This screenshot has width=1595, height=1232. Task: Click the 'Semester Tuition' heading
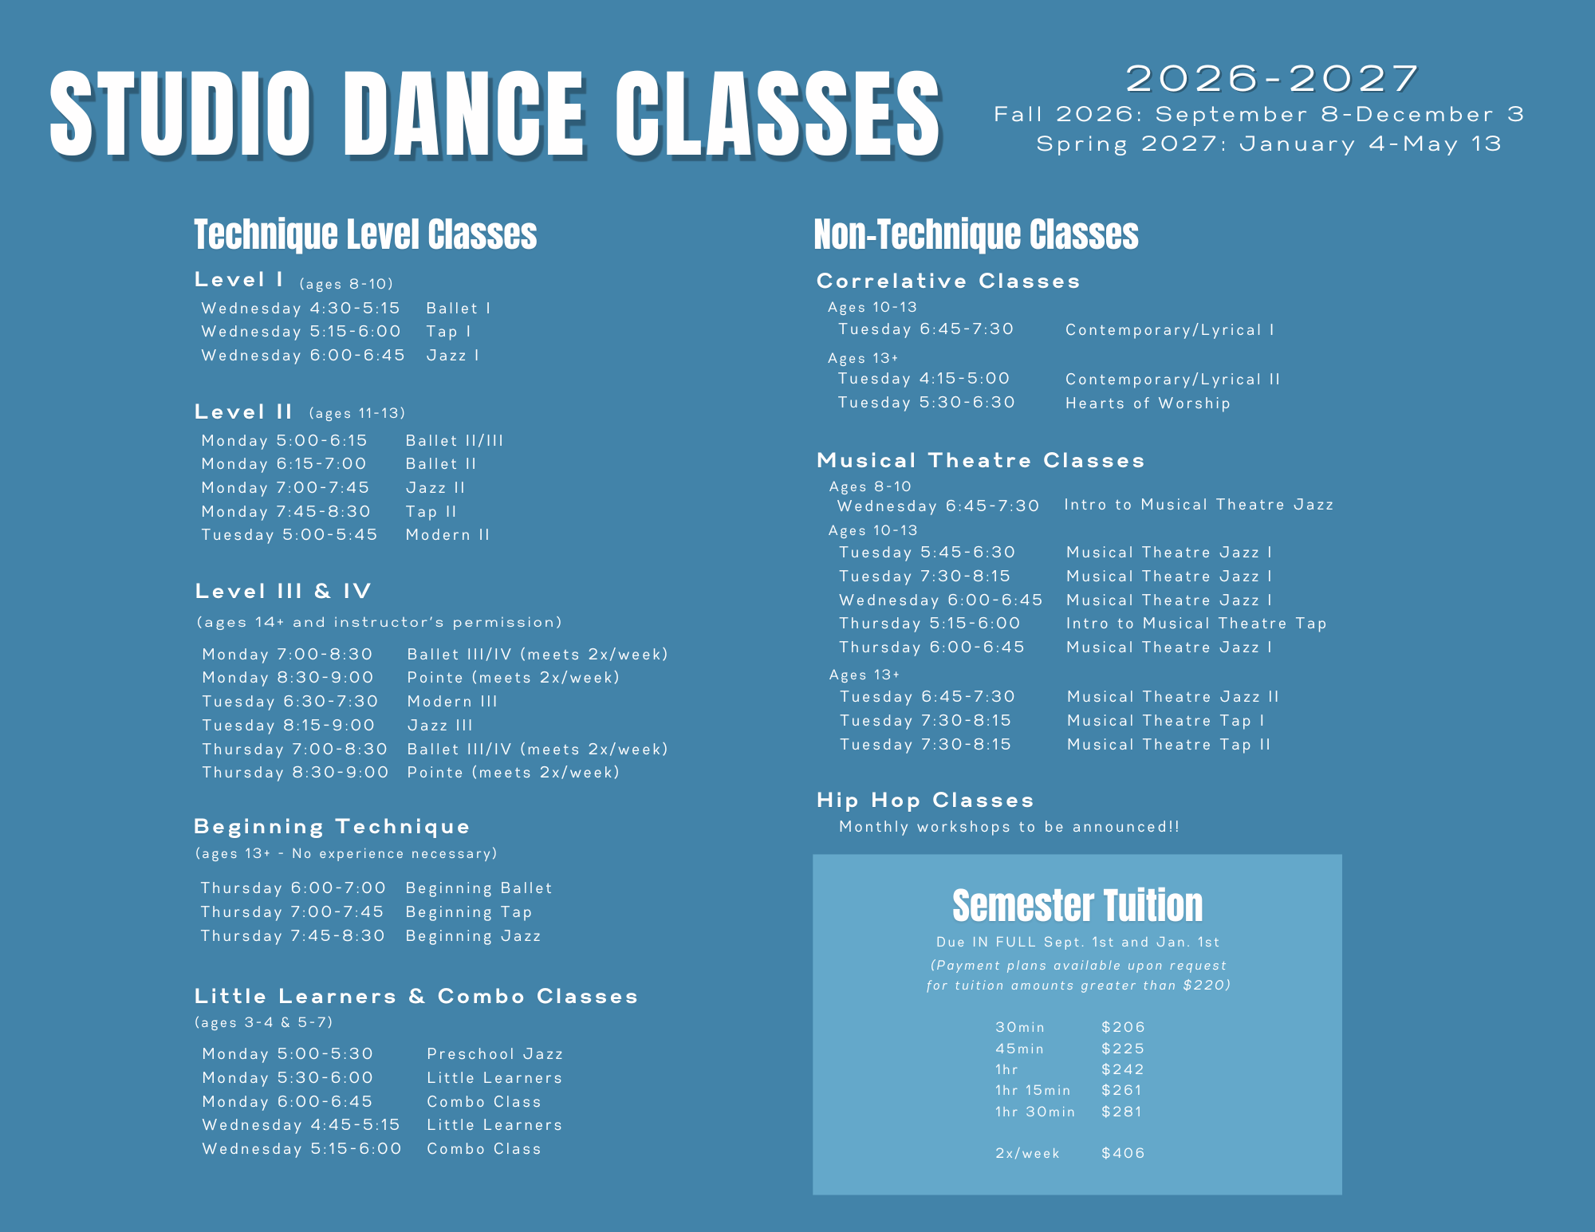(1077, 906)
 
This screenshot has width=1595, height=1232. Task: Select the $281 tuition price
(1122, 1112)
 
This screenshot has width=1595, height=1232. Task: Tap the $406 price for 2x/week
(1123, 1153)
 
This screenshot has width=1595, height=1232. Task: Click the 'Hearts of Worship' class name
(1148, 403)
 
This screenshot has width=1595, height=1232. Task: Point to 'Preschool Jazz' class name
(494, 1054)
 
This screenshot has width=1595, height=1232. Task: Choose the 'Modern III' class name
(452, 702)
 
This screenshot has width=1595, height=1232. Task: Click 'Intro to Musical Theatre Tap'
(1196, 624)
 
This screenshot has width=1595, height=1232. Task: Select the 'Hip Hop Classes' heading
(925, 800)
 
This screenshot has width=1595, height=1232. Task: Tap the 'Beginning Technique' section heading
(332, 827)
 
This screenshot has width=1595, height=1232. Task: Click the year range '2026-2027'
(1272, 79)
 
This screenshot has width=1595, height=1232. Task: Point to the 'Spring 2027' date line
(1269, 144)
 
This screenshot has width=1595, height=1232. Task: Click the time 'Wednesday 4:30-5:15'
(301, 309)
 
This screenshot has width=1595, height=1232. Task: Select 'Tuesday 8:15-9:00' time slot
(288, 726)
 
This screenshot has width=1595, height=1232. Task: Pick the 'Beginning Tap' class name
(468, 912)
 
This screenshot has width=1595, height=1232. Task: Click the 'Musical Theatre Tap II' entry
(1168, 745)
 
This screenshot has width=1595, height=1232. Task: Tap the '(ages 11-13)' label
(356, 413)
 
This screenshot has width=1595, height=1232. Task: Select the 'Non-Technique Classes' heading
(976, 234)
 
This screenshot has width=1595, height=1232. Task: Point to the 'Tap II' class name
(431, 512)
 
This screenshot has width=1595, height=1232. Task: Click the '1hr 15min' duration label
(1033, 1090)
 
